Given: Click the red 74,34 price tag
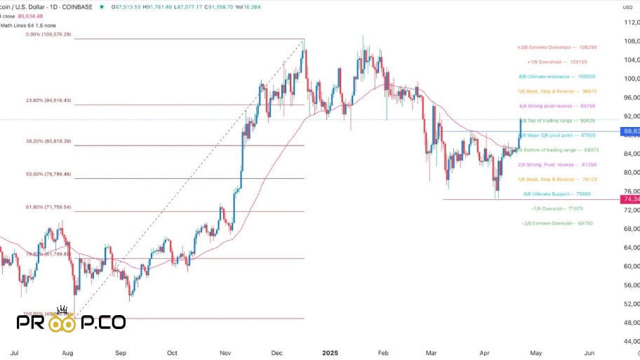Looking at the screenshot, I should tap(630, 200).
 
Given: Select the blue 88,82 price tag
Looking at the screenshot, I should tap(630, 131).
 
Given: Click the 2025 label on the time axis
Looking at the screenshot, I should tap(330, 350).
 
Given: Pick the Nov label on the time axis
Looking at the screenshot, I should tap(225, 350).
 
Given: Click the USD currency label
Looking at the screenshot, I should tap(627, 7).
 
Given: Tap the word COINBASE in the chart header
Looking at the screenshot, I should tap(76, 7).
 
